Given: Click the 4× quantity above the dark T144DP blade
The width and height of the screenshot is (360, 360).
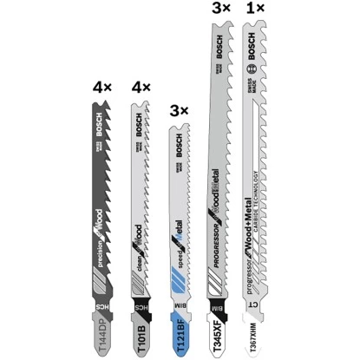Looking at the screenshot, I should [102, 88].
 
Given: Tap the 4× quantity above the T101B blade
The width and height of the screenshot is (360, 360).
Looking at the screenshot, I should [141, 88].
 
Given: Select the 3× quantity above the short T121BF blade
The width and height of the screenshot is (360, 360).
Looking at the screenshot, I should [177, 113].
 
